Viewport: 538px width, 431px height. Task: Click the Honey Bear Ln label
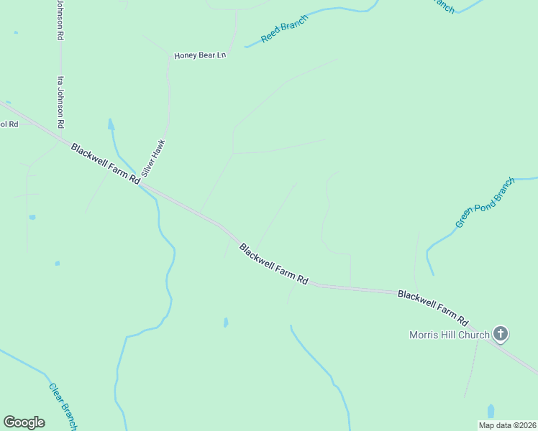tap(200, 55)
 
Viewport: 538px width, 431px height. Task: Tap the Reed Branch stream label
tap(285, 28)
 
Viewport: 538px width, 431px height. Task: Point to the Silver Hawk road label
tap(153, 157)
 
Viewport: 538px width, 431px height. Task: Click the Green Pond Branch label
tap(485, 203)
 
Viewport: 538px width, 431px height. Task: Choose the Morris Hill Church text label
tap(450, 334)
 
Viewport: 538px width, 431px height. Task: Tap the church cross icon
tap(501, 333)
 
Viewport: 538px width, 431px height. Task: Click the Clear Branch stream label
tap(63, 407)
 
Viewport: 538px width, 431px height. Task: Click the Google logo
tap(24, 422)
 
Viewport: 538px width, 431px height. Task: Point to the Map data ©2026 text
tap(506, 425)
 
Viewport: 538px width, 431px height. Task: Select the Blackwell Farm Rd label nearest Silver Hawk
tap(105, 164)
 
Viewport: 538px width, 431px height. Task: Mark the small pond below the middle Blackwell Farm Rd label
tap(226, 323)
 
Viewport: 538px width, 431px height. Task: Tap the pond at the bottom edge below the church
tap(491, 411)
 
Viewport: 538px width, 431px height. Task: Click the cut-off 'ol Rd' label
tap(9, 124)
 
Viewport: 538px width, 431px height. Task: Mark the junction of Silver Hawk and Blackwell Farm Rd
tap(141, 183)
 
